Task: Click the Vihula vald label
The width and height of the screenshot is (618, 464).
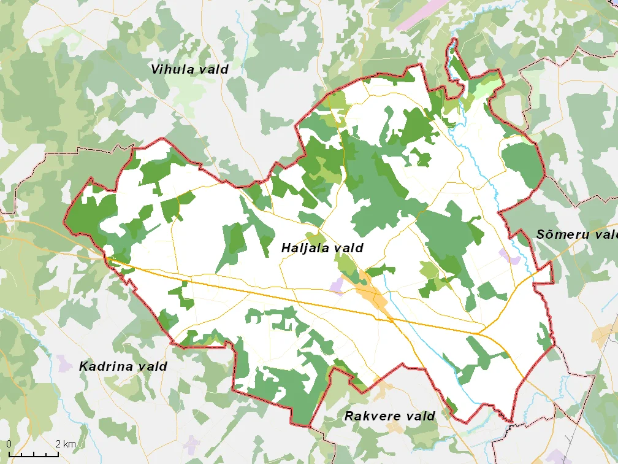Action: pos(189,69)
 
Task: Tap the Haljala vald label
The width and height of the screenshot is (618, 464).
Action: pos(322,248)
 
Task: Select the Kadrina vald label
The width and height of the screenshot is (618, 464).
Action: pos(123,366)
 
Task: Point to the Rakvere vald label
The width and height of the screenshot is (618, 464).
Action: pos(389,416)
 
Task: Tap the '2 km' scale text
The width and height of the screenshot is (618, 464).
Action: pos(66,444)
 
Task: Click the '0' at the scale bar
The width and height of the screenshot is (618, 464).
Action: pos(9,444)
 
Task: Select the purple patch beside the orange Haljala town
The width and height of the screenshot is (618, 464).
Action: pos(337,284)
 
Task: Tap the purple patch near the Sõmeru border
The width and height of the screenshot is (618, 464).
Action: pos(510,257)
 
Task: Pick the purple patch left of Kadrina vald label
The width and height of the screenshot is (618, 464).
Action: pos(64,362)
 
